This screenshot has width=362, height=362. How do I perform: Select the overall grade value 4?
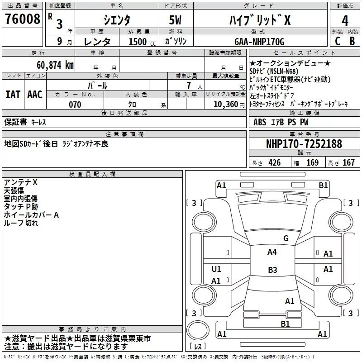pos(345,21)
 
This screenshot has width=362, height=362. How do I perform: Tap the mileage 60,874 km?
pos(49,65)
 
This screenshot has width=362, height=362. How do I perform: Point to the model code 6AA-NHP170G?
pos(259,42)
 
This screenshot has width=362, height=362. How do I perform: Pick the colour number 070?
pos(75,105)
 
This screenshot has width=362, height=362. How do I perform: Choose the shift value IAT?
pos(13,94)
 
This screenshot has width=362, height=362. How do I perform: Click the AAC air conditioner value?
pos(35,94)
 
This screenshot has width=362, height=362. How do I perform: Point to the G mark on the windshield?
pos(286,238)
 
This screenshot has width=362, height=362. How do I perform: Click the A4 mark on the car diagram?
pos(272,252)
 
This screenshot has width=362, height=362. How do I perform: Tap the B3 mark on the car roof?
pos(272,270)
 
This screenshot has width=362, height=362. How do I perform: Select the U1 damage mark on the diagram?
pos(216,269)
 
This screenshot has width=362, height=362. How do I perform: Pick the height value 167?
pos(348,163)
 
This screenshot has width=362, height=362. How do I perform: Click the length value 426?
pos(274,163)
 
